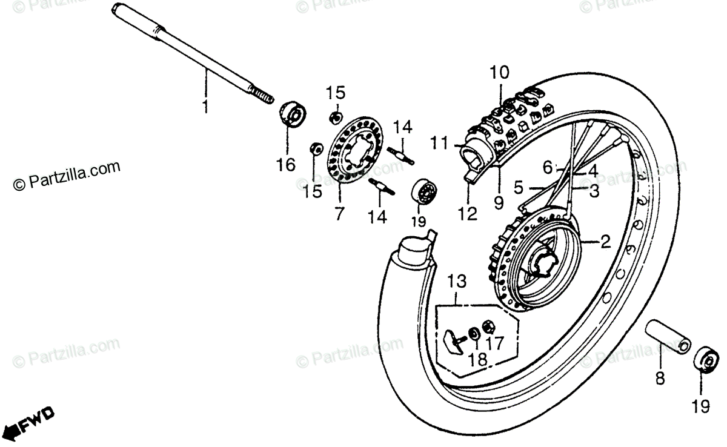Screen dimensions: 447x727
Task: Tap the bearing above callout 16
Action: (292, 115)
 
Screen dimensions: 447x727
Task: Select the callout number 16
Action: (286, 164)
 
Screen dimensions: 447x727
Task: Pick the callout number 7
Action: (338, 213)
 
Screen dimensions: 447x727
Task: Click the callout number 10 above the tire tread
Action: (500, 73)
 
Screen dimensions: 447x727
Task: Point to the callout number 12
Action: (468, 213)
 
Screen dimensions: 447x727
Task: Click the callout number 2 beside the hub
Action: (604, 243)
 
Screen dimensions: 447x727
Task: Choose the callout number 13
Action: (457, 281)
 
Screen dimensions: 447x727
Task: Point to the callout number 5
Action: (518, 188)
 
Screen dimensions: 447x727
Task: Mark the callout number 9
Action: (499, 202)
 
